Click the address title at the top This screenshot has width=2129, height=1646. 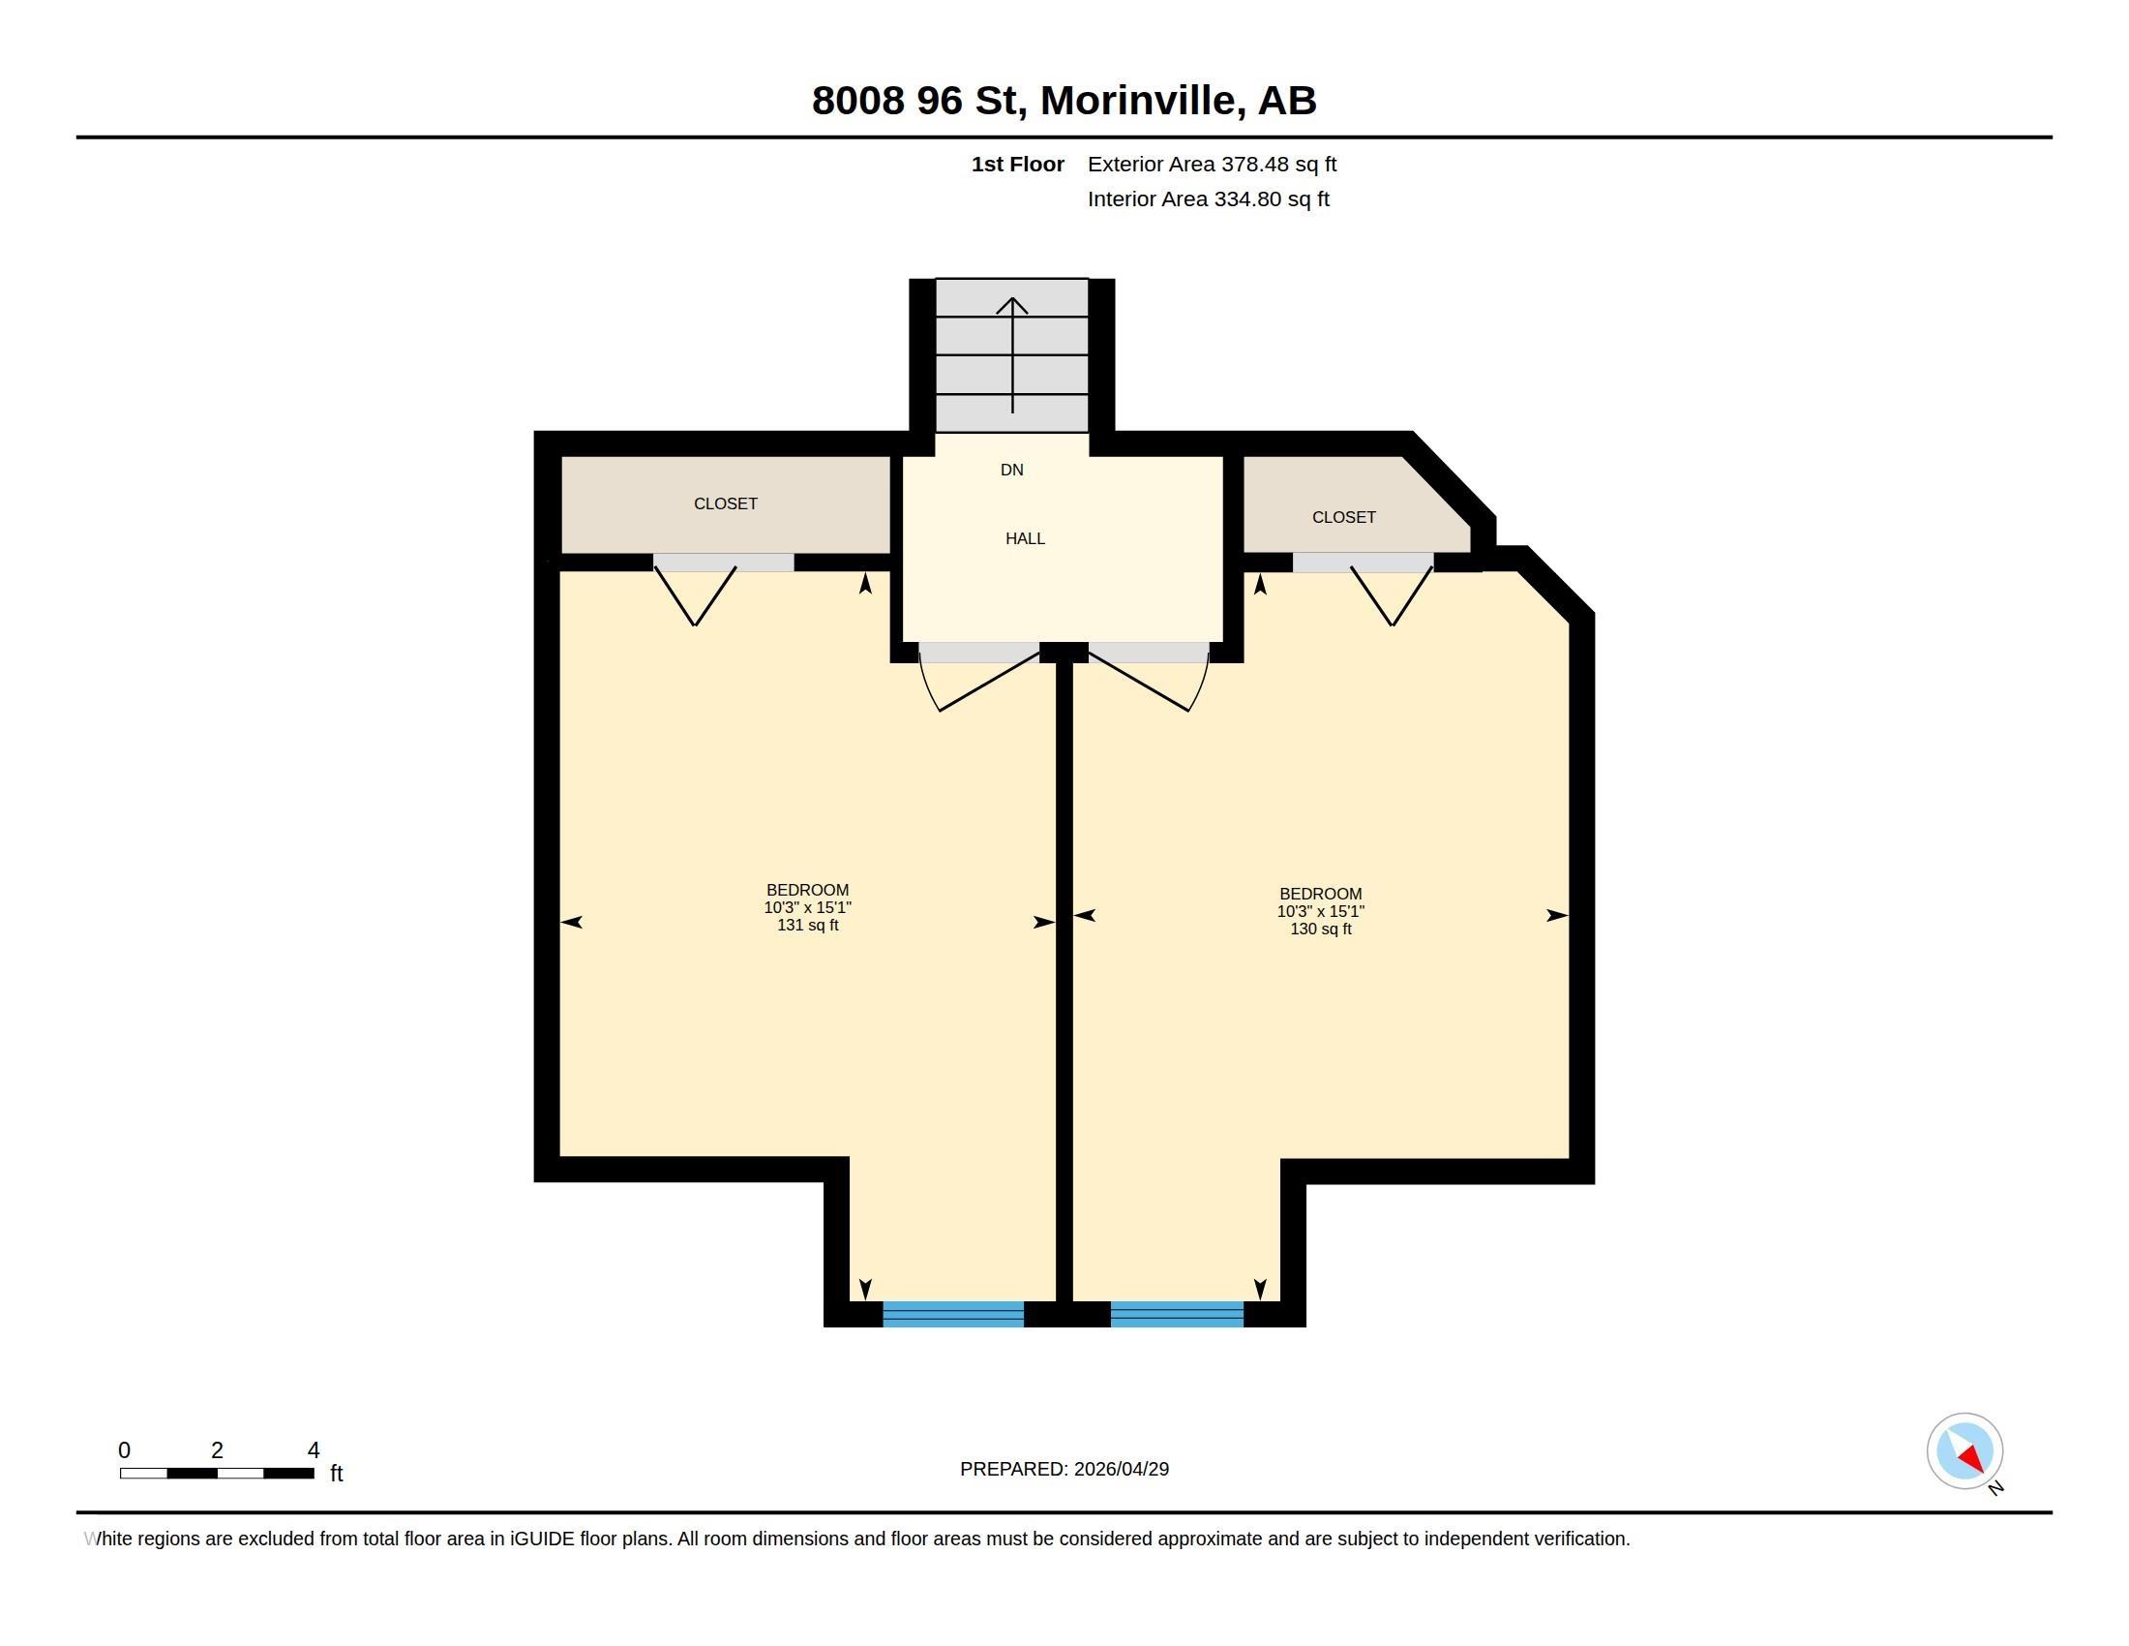(x=1064, y=101)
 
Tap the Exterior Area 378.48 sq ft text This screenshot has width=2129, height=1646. (x=1211, y=164)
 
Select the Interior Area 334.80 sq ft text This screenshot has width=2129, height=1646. (x=1208, y=198)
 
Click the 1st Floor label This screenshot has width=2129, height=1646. (x=1017, y=164)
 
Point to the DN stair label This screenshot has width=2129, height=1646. (x=1011, y=470)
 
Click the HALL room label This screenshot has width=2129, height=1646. (x=1025, y=538)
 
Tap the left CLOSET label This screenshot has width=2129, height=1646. (x=724, y=503)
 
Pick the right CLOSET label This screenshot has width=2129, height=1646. (x=1342, y=517)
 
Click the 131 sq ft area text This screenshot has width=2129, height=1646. (x=806, y=925)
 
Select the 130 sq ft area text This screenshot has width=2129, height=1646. (x=1320, y=929)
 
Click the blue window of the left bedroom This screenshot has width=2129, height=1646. (x=952, y=1314)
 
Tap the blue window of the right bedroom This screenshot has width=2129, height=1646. (x=1176, y=1314)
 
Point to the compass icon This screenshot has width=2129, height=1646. (x=1964, y=1450)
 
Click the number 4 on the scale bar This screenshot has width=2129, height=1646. (x=313, y=1450)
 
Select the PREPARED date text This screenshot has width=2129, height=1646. (x=1064, y=1469)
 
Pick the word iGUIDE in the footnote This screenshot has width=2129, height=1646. (x=541, y=1539)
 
